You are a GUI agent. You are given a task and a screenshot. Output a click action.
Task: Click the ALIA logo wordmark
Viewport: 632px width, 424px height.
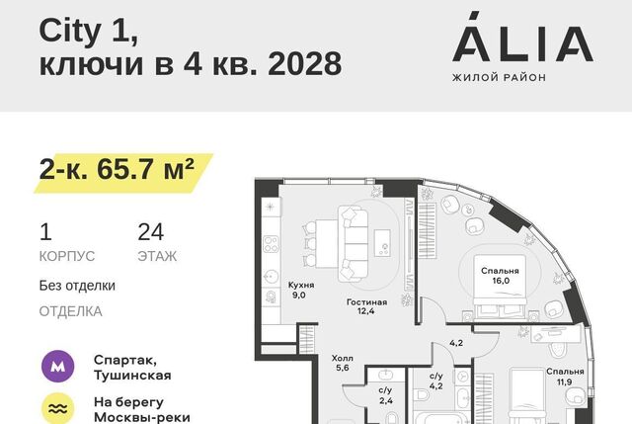[x=522, y=38]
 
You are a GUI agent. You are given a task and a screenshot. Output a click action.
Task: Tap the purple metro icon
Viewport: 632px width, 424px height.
[x=58, y=367]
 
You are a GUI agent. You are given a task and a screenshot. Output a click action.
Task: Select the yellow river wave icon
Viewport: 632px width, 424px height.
[x=58, y=408]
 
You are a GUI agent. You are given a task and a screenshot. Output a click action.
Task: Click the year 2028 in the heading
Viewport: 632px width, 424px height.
[x=305, y=63]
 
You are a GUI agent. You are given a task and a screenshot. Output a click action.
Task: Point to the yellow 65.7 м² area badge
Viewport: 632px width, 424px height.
[x=122, y=173]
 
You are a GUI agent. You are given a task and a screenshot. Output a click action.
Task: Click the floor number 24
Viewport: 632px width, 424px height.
[x=151, y=232]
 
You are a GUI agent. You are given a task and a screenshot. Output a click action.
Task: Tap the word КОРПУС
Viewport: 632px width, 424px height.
[x=67, y=256]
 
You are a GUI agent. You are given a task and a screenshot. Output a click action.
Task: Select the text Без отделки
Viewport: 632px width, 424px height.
[x=77, y=286]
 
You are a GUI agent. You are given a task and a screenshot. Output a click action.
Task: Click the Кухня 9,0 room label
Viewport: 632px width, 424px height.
[x=300, y=290]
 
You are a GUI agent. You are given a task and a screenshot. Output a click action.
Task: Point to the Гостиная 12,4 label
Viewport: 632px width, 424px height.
[x=366, y=306]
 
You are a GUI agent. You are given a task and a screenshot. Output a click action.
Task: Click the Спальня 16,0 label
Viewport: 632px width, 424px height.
[x=500, y=276]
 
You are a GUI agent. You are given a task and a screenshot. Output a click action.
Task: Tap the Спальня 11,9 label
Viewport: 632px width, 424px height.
[x=565, y=376]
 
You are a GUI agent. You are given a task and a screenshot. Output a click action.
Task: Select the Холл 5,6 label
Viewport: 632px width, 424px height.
[x=343, y=363]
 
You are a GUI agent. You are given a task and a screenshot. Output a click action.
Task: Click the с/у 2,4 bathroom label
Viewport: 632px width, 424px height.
[x=385, y=395]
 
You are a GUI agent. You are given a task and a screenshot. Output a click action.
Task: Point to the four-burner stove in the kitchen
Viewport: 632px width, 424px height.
[x=271, y=244]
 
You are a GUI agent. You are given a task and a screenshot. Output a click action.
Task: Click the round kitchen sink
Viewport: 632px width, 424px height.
[x=271, y=277]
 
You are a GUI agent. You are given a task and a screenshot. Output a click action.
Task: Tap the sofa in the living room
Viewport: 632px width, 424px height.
[x=354, y=244]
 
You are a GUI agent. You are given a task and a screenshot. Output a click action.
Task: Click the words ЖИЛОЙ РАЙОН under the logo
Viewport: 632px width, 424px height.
[x=499, y=77]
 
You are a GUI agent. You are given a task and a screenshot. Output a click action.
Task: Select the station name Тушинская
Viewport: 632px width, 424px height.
[x=132, y=376]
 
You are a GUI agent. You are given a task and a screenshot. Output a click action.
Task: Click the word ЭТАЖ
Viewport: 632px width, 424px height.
[x=157, y=256]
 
